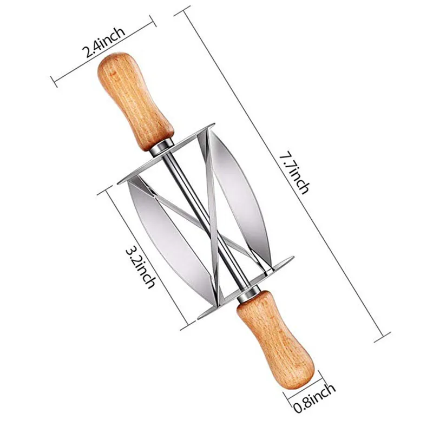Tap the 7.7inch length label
(x=295, y=173)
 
